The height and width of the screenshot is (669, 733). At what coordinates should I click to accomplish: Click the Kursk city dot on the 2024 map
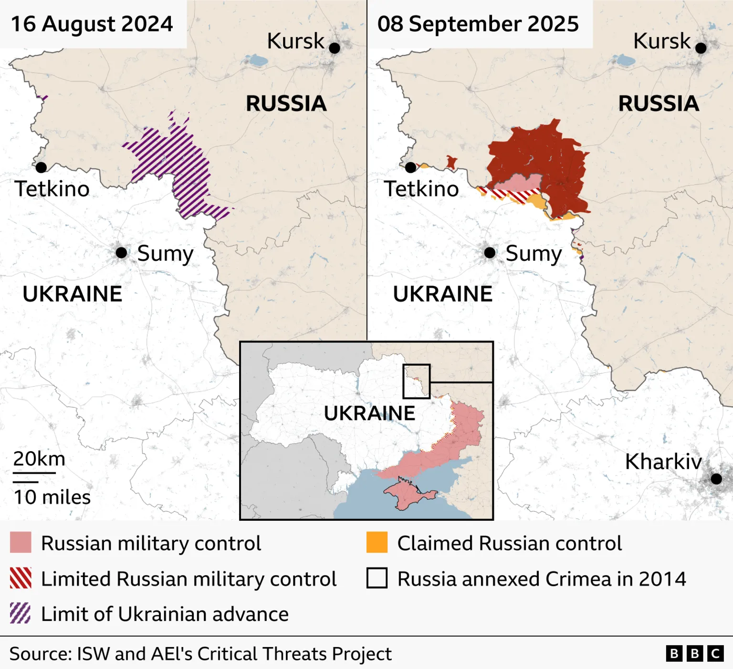(x=335, y=48)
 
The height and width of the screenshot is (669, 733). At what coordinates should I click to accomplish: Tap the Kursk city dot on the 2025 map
(x=701, y=48)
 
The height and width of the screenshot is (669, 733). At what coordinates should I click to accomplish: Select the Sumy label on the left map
(x=165, y=253)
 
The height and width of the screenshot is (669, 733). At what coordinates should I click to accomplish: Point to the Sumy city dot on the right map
(x=490, y=253)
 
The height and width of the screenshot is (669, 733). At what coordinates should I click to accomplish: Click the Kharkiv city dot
(x=716, y=478)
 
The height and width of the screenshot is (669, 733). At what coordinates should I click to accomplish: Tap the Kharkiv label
(x=663, y=462)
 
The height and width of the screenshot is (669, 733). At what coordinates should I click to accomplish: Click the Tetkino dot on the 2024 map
(x=41, y=167)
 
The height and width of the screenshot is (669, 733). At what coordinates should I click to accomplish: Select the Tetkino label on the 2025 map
(x=421, y=189)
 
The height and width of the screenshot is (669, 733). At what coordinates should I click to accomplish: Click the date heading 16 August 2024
(x=92, y=24)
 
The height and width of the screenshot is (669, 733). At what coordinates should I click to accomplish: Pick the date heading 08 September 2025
(x=478, y=24)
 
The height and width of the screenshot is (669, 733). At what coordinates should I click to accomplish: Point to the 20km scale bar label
(x=39, y=459)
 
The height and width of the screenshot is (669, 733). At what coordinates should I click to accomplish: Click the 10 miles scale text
(x=52, y=497)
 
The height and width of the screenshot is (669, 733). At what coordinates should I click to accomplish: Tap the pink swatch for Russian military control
(x=21, y=543)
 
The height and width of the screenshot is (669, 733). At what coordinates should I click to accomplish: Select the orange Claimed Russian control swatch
(x=377, y=543)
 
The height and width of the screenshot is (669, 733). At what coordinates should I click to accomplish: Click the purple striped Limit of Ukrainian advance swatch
(x=21, y=613)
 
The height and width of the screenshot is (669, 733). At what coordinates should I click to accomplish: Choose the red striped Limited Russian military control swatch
(x=21, y=578)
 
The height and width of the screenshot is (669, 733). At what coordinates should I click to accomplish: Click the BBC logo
(x=695, y=653)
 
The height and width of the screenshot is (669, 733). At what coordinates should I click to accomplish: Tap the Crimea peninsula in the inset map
(x=406, y=494)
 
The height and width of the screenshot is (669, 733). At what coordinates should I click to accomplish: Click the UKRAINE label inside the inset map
(x=369, y=413)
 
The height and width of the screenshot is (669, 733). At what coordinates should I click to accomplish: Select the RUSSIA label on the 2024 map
(x=286, y=103)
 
